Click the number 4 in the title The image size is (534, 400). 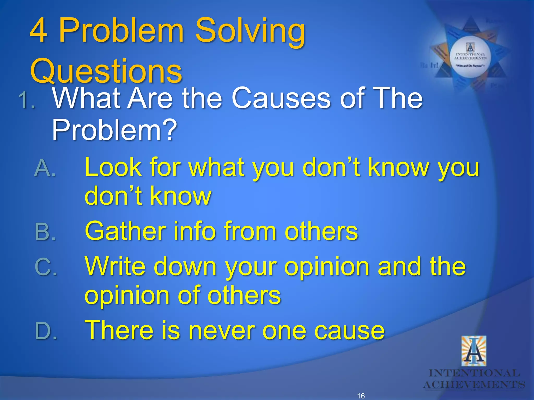click(x=39, y=31)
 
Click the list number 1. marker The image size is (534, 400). click(x=27, y=101)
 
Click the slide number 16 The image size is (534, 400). click(x=361, y=396)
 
